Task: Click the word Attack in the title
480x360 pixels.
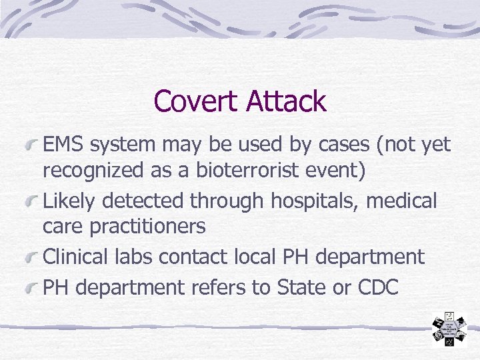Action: tap(286, 102)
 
